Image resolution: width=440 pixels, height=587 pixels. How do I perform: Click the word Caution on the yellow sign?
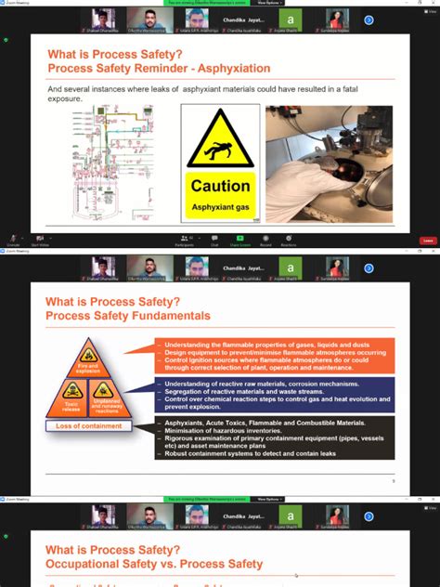(x=220, y=186)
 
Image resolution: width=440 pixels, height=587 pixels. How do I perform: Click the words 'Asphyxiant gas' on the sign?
(x=220, y=207)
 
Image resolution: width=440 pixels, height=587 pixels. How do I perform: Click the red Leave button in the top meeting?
(x=427, y=241)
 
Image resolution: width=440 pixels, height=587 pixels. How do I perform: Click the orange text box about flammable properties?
(x=274, y=354)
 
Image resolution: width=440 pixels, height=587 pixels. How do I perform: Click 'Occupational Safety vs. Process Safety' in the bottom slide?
(x=154, y=564)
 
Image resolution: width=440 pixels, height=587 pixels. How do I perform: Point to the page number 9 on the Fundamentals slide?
(x=393, y=480)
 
